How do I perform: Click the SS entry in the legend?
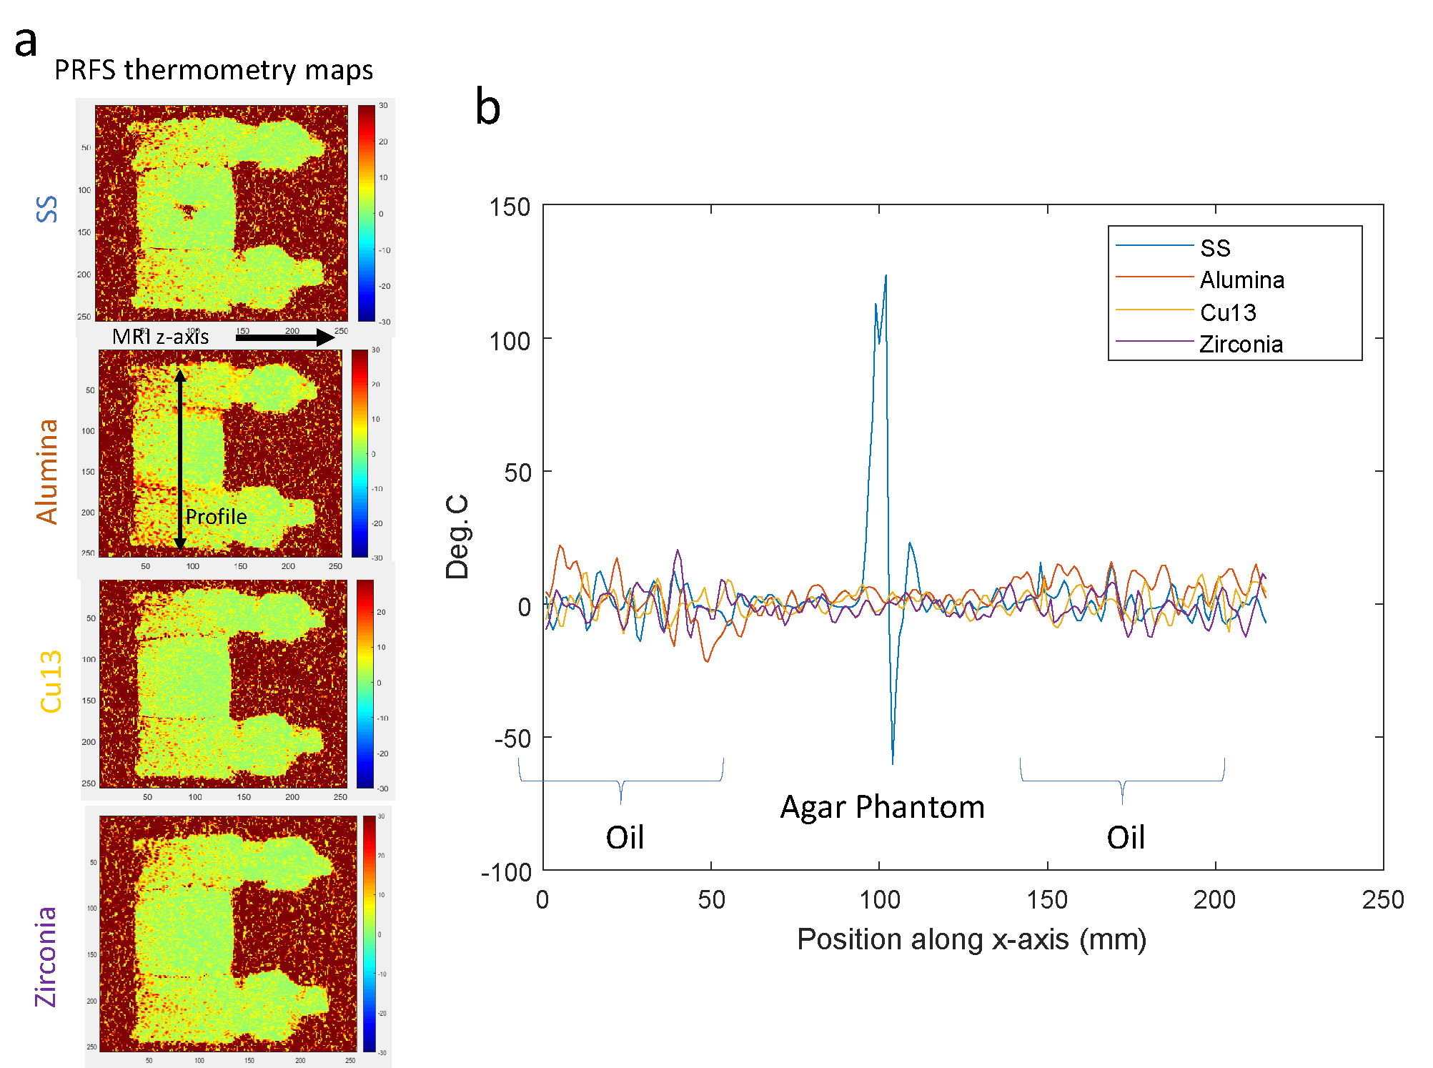(x=1215, y=248)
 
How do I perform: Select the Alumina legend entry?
(x=1241, y=280)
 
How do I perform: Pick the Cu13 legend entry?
(x=1228, y=312)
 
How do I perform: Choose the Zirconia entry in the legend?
(x=1241, y=345)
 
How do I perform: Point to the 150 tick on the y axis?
(x=510, y=207)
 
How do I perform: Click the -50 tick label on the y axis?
(x=512, y=738)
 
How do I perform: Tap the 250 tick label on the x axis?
(x=1382, y=899)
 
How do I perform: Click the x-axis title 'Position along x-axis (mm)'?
(x=971, y=939)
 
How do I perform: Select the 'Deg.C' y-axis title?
(x=457, y=536)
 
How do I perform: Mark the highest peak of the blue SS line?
(x=886, y=275)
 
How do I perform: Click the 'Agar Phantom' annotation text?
(x=882, y=807)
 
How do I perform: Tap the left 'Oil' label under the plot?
(x=625, y=837)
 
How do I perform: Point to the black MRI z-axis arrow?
(x=285, y=337)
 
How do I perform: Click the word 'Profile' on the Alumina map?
(x=216, y=516)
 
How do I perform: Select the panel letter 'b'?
(x=487, y=107)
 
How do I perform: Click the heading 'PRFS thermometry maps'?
(x=213, y=70)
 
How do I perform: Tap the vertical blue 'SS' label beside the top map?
(x=47, y=209)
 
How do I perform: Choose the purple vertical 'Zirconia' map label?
(x=46, y=956)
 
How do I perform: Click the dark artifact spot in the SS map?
(x=189, y=210)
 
